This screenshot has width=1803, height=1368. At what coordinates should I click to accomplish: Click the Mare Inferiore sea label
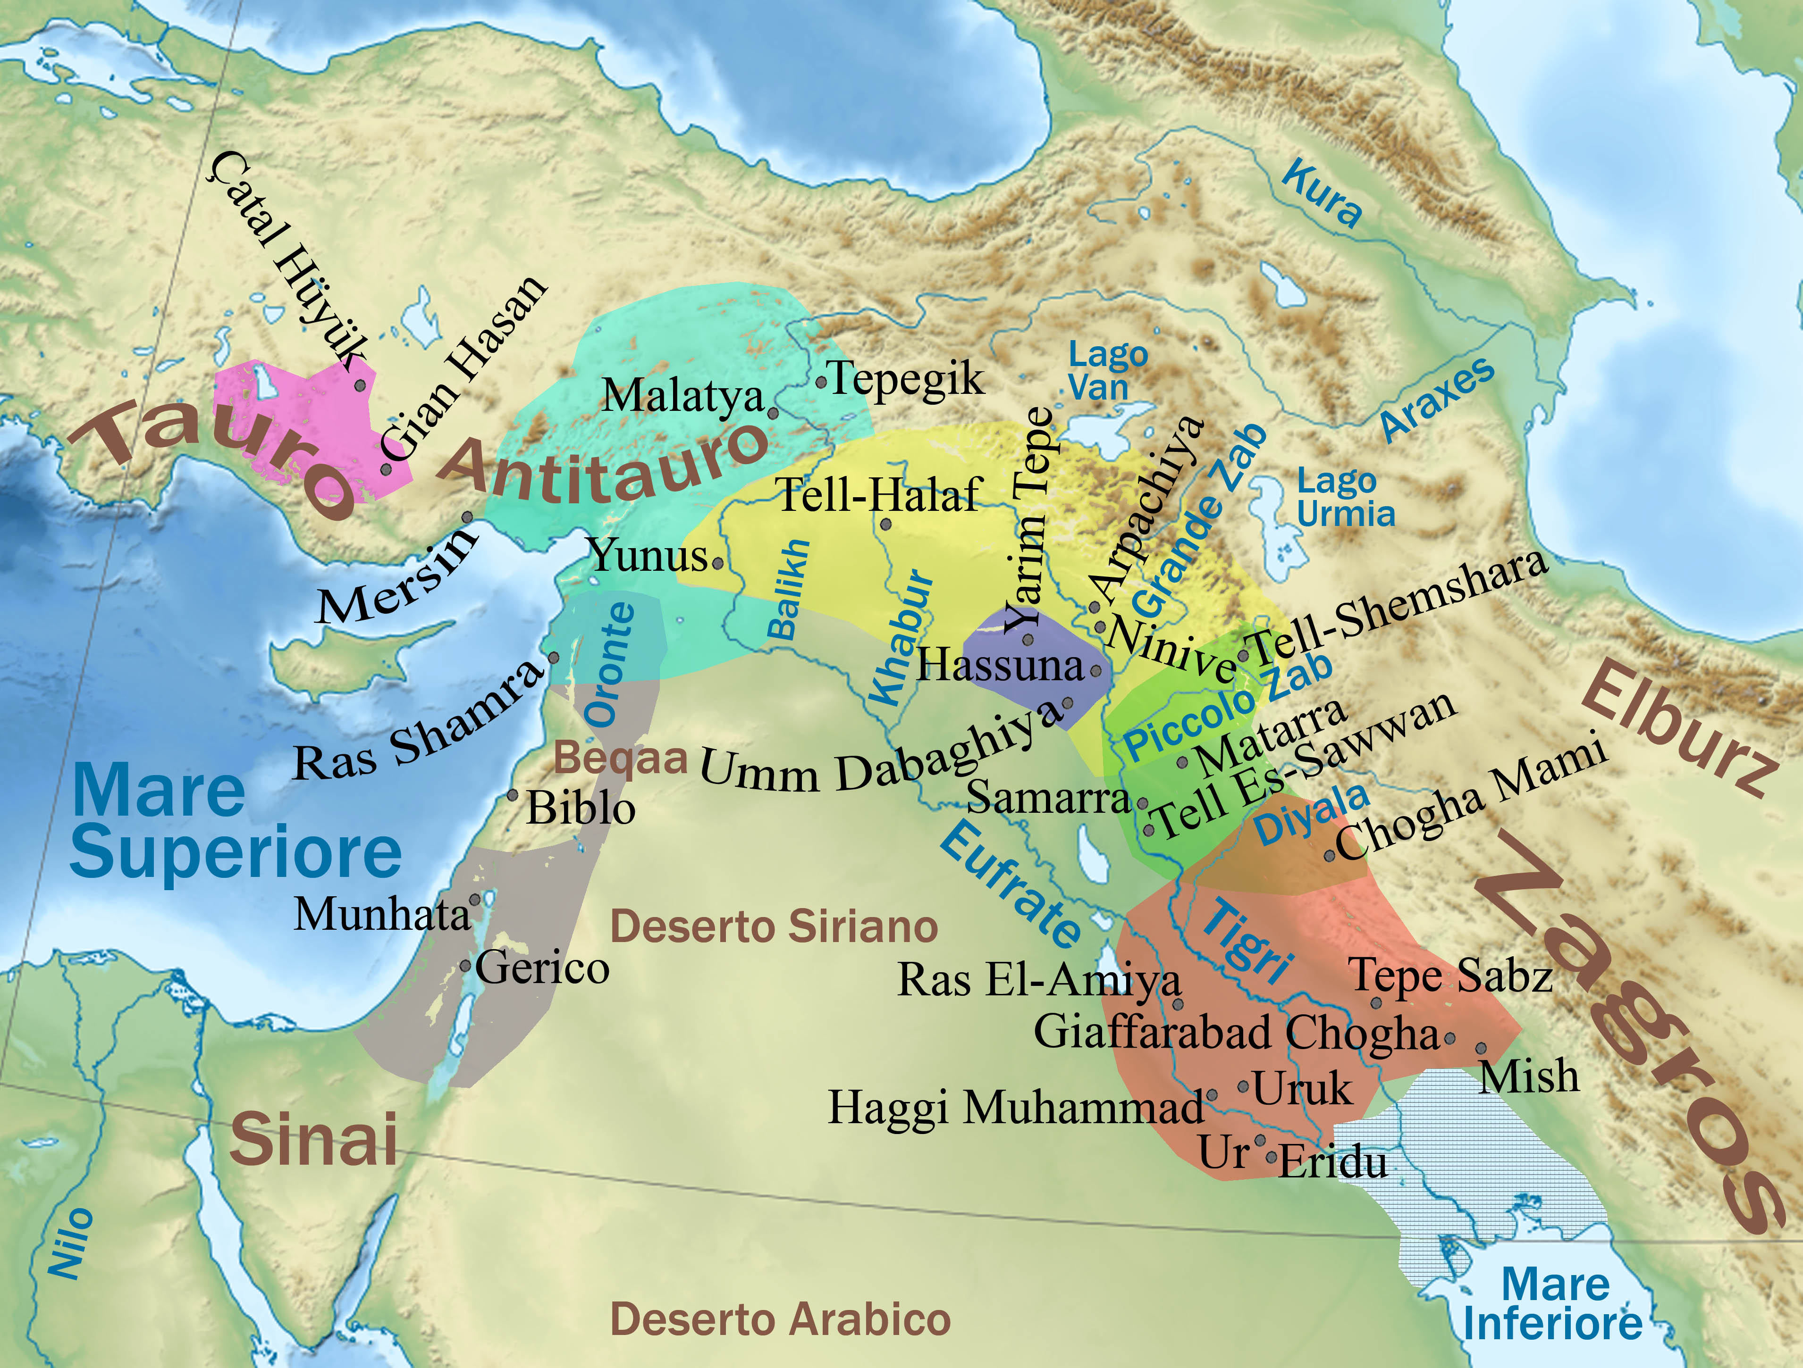click(x=1553, y=1304)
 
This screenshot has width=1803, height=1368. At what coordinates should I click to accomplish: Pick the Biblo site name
click(x=581, y=809)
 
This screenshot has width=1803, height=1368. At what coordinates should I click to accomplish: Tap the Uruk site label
click(x=1302, y=1089)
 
